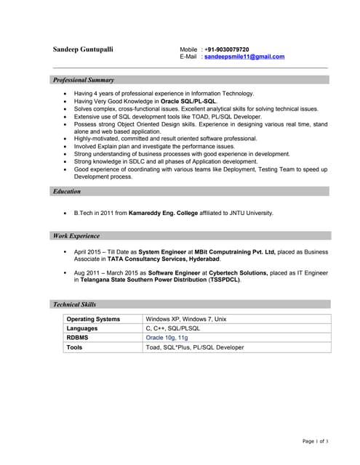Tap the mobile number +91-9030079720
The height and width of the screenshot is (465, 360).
[226, 49]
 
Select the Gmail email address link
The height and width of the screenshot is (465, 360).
[244, 57]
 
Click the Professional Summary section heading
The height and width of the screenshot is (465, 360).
[84, 80]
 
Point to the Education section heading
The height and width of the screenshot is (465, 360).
[67, 192]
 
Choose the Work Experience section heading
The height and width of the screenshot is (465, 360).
[76, 236]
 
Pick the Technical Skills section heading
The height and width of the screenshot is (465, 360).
[74, 304]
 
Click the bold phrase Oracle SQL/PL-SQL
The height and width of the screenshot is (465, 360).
[188, 101]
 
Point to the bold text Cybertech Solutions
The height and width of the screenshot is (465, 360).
[237, 272]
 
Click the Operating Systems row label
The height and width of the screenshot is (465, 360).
[93, 319]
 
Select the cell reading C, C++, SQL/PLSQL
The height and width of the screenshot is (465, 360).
[173, 328]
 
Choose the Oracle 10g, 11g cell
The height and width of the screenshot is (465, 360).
[167, 338]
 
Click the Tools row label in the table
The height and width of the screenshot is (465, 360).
[75, 347]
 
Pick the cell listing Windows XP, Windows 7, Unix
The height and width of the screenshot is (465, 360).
[186, 319]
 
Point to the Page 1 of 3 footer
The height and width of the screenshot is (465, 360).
[315, 441]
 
